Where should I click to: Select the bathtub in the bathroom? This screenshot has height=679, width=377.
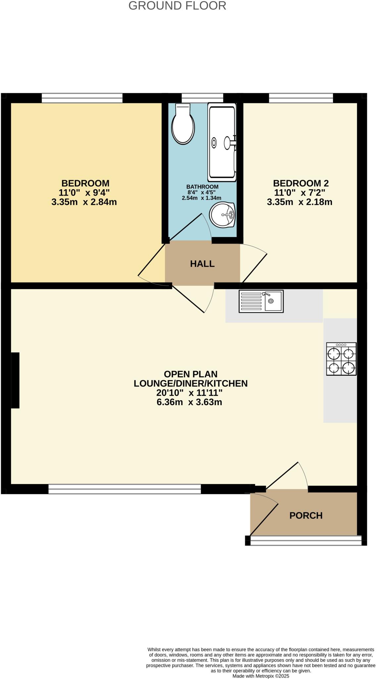tap(222, 142)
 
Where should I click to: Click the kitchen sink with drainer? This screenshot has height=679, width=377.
tap(261, 301)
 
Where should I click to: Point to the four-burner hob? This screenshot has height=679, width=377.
tap(341, 359)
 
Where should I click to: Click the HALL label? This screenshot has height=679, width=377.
tap(202, 264)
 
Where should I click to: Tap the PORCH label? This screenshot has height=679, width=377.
tap(306, 516)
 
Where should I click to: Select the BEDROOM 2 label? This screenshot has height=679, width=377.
tap(300, 183)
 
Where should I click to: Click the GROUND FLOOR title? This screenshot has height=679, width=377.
tap(177, 6)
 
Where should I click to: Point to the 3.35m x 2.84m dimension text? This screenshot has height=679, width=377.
tap(84, 202)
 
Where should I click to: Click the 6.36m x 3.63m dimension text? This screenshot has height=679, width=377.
tap(189, 402)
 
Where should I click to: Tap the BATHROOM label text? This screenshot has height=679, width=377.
tap(202, 187)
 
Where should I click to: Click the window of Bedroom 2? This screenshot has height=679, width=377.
tap(300, 98)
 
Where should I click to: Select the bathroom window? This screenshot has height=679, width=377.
tap(202, 98)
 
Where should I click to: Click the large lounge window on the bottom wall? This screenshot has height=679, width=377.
tap(125, 489)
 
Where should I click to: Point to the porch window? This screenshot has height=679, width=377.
tap(306, 540)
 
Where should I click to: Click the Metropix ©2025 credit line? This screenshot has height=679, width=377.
tap(261, 676)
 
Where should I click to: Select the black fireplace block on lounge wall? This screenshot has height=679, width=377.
tap(15, 380)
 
